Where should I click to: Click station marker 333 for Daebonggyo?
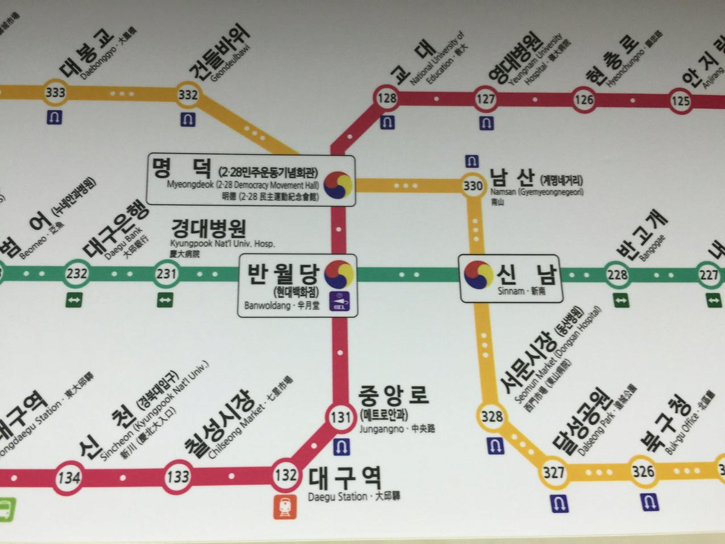point(56,93)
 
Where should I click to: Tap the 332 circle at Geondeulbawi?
point(188,94)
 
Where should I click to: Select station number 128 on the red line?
point(387,98)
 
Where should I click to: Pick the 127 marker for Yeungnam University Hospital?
point(486,99)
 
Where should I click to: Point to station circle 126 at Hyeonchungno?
point(584,100)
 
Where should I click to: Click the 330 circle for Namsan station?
point(472,186)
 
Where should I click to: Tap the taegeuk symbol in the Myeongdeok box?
point(338,185)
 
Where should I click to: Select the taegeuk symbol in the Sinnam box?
point(478,274)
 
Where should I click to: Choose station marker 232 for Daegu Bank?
point(77,274)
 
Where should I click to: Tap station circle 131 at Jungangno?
point(341,417)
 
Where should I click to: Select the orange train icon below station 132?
point(285,507)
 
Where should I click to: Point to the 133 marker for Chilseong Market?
point(178,477)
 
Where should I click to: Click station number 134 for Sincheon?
point(68,478)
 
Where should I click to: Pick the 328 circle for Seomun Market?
point(492,416)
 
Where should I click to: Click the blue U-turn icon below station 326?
point(650,502)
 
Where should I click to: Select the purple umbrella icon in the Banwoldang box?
point(339,300)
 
